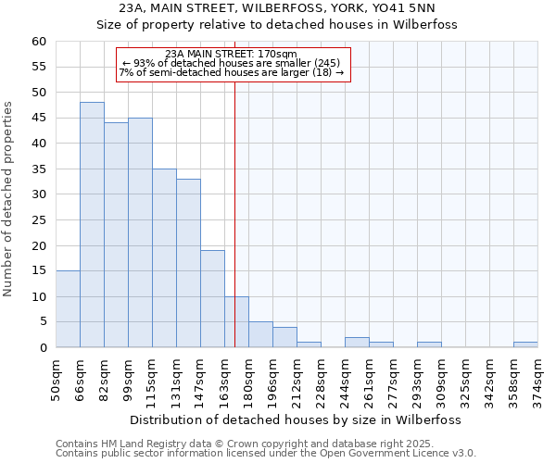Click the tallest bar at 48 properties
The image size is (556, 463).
click(92, 225)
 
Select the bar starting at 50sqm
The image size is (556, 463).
click(68, 309)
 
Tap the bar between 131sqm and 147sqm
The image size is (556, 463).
click(188, 263)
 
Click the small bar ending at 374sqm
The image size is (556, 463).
click(525, 344)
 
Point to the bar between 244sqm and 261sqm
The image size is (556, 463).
click(357, 343)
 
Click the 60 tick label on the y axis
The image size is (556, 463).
click(38, 42)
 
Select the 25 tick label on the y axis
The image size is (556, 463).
click(38, 220)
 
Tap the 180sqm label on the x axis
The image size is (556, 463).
click(248, 376)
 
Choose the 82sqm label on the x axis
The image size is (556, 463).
click(104, 374)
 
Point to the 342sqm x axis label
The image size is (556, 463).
click(489, 376)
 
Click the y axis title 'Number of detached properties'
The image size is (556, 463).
click(9, 199)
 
